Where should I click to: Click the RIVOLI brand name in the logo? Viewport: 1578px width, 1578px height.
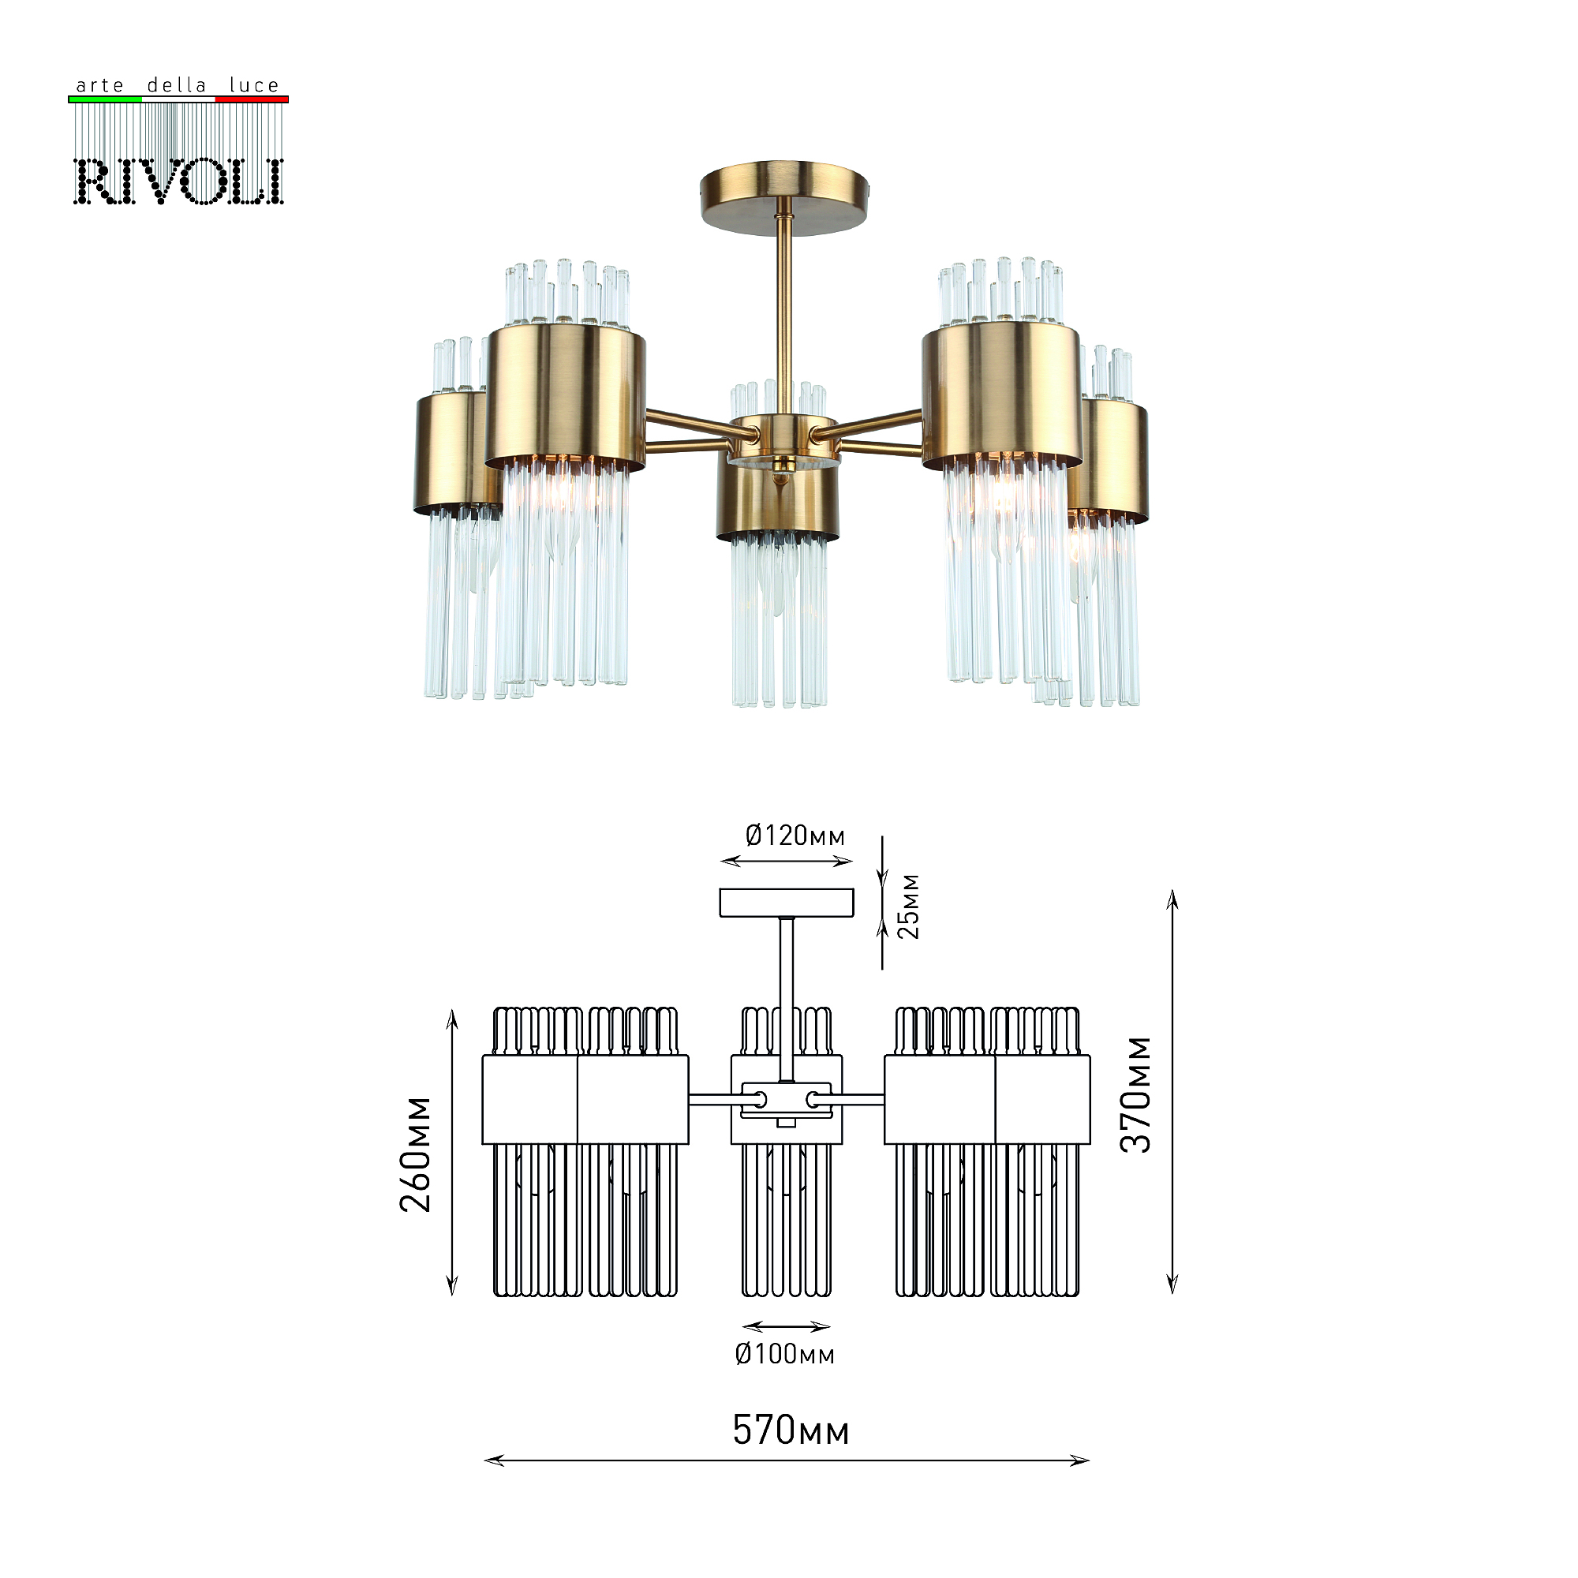(178, 181)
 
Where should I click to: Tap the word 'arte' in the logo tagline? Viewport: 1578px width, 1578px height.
(99, 86)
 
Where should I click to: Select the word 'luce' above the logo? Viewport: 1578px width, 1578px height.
(254, 86)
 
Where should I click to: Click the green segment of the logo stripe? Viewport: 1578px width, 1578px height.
(105, 99)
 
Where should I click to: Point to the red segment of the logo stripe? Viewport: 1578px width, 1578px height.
(252, 99)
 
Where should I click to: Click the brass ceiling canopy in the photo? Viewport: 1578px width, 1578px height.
(783, 196)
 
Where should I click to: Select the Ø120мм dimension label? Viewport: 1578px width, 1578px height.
(795, 836)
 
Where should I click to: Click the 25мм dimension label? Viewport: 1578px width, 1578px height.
(908, 907)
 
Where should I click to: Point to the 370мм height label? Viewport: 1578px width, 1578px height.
(1135, 1094)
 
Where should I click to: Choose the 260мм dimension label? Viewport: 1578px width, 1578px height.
(416, 1154)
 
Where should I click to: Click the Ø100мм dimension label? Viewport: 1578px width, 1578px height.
(784, 1354)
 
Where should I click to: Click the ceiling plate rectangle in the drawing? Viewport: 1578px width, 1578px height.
(787, 903)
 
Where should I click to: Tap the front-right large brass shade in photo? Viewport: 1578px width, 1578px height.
(1002, 394)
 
